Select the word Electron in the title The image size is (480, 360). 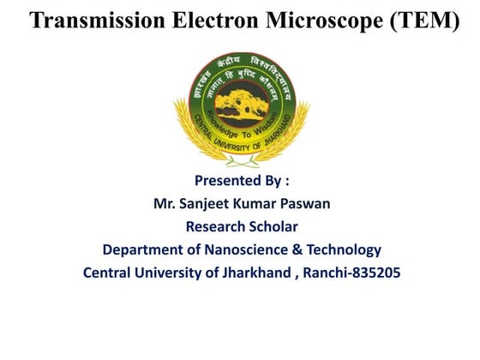pos(210,21)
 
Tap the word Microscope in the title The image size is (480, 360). pos(321,21)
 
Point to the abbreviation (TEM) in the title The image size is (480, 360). pos(423,21)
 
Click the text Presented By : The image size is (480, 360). pos(242,181)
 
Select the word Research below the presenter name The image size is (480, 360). pos(215,227)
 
